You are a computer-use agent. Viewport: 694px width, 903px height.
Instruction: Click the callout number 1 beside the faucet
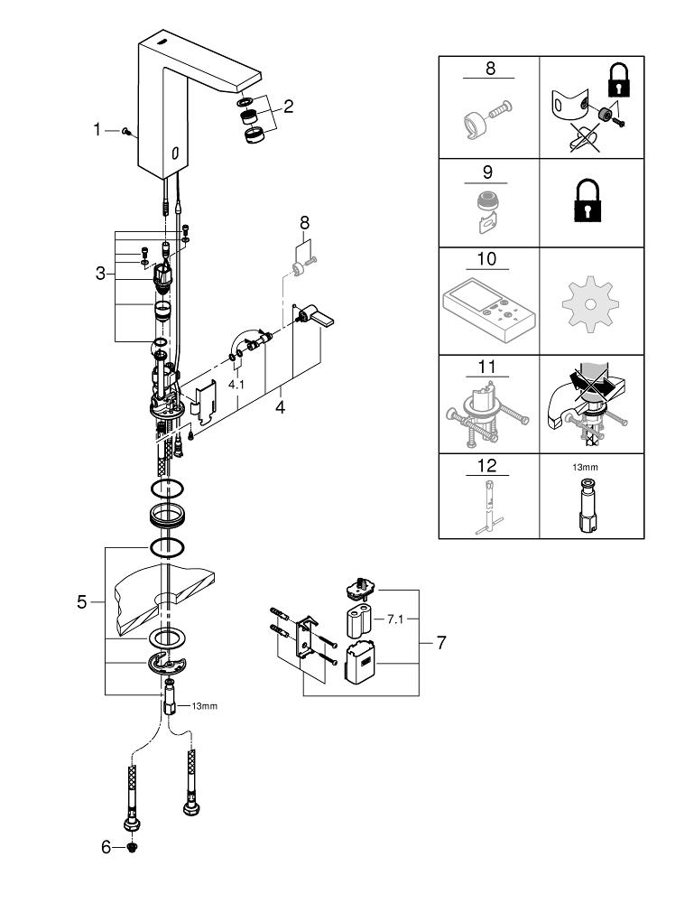coord(97,130)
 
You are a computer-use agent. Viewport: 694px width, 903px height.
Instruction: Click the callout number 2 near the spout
coord(288,107)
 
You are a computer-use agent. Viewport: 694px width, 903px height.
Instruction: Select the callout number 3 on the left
coord(100,272)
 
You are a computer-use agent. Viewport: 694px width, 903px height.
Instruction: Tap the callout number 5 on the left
coord(82,601)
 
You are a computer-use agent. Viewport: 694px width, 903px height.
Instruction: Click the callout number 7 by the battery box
coord(441,643)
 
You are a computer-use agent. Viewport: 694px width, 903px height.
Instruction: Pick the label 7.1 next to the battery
coord(396,619)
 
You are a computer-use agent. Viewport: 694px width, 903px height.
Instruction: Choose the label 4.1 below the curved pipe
coord(236,384)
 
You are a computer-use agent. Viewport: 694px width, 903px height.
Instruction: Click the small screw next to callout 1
coord(129,132)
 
